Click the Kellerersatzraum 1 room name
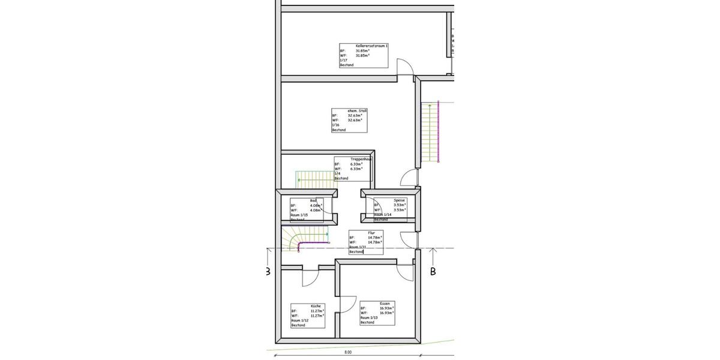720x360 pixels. pyautogui.click(x=372, y=46)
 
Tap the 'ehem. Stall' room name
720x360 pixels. pyautogui.click(x=358, y=110)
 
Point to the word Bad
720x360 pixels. pyautogui.click(x=313, y=200)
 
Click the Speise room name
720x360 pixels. pyautogui.click(x=400, y=200)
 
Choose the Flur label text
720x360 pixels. pyautogui.click(x=371, y=233)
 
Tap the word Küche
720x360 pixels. pyautogui.click(x=316, y=306)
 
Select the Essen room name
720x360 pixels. pyautogui.click(x=385, y=304)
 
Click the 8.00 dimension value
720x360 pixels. pyautogui.click(x=348, y=352)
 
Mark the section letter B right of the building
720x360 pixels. pyautogui.click(x=432, y=272)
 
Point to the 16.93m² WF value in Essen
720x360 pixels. pyautogui.click(x=386, y=313)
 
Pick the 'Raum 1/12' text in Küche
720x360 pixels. pyautogui.click(x=299, y=320)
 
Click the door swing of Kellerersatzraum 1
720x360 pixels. pyautogui.click(x=404, y=66)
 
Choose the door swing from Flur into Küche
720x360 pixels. pyautogui.click(x=312, y=277)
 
